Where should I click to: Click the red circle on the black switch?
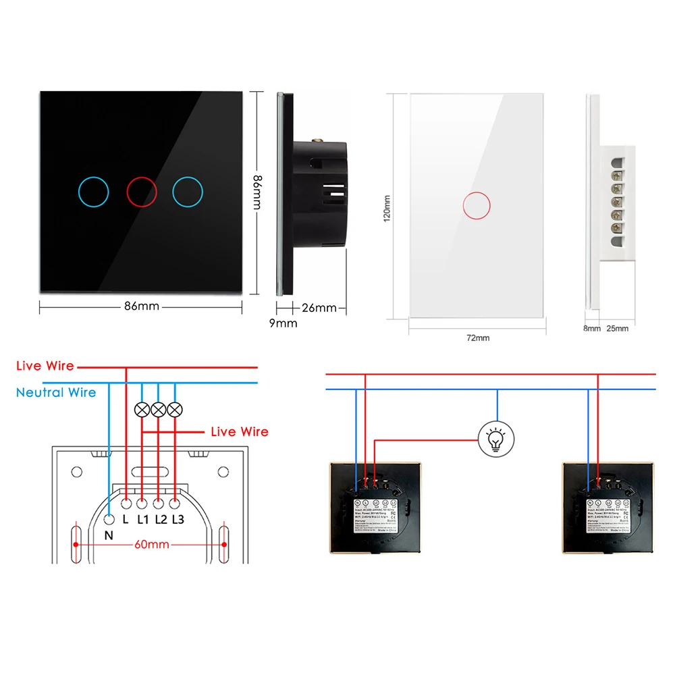142,192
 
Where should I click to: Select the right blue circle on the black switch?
188,192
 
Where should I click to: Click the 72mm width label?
477,337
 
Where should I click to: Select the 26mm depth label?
319,308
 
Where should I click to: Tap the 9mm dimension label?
283,323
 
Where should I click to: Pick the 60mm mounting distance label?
151,544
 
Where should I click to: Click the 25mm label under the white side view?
617,329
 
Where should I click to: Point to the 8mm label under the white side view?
592,329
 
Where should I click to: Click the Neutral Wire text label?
56,392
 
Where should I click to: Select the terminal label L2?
161,519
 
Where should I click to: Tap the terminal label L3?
178,519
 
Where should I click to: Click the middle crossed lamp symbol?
159,409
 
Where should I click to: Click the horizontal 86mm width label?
141,306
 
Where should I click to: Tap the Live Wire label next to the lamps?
239,431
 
